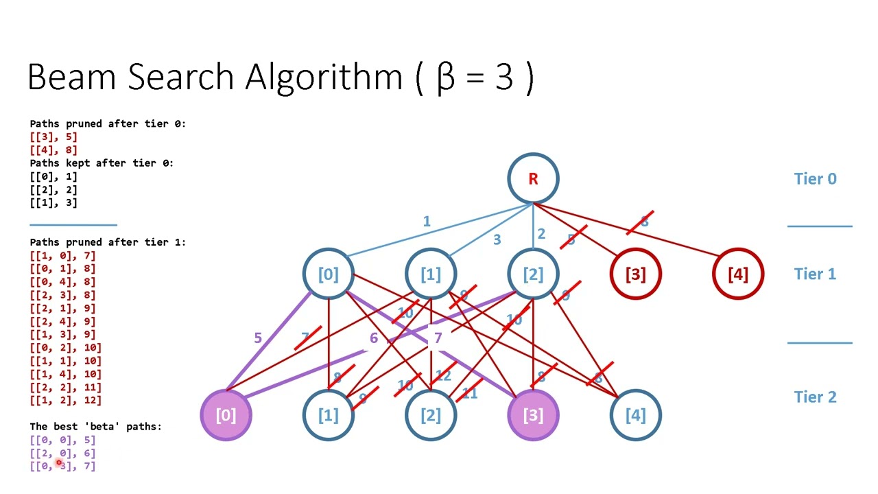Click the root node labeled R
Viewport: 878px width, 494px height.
pos(533,178)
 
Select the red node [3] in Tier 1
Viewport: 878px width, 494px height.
pos(635,274)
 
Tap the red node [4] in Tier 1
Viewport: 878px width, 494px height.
pos(737,274)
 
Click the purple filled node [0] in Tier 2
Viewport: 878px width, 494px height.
pos(226,415)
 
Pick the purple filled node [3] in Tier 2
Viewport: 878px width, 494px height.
pos(533,415)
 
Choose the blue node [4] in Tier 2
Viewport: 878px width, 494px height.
pos(635,415)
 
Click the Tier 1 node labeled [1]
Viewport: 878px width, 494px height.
pos(430,274)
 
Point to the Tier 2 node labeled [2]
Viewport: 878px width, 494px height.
pos(430,415)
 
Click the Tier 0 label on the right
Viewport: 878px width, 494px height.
pos(815,179)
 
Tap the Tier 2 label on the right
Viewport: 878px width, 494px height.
pos(815,397)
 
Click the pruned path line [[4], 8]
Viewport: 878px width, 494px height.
pos(54,150)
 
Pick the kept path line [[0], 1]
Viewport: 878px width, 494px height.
pos(54,176)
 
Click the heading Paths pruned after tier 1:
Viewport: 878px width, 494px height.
pos(108,242)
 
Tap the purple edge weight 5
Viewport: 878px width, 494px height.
pos(258,338)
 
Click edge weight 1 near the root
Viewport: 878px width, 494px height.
pos(427,221)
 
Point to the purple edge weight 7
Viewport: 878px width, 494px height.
pos(438,338)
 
